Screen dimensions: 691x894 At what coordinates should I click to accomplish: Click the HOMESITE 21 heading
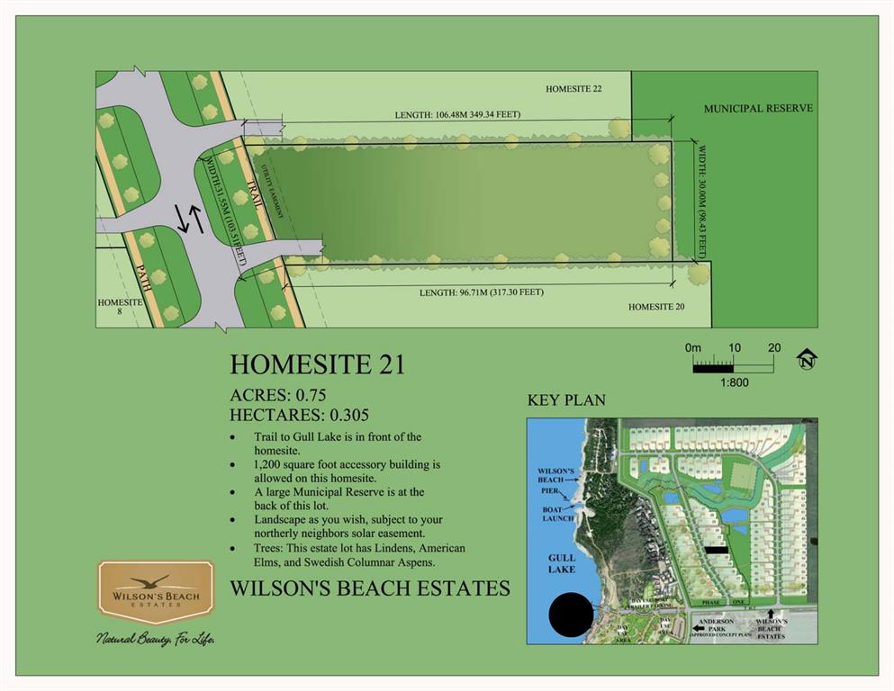(317, 364)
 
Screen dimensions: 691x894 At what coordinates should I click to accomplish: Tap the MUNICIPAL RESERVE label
(758, 108)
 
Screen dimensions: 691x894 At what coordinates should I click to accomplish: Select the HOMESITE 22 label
(573, 89)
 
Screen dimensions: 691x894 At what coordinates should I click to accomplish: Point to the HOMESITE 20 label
(656, 307)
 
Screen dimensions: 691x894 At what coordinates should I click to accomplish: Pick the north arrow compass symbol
(806, 360)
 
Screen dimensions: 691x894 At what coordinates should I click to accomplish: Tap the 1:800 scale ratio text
(733, 382)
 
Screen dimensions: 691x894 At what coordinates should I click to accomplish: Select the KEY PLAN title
(566, 400)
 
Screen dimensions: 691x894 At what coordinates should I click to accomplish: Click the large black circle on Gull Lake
(570, 615)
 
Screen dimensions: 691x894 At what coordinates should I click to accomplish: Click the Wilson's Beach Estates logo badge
(156, 592)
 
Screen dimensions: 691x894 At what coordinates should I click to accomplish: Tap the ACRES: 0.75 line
(277, 395)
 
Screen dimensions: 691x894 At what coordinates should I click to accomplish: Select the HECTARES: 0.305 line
(300, 415)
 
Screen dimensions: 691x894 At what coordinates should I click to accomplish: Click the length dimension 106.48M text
(457, 114)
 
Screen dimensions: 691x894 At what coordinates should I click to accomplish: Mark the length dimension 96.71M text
(481, 292)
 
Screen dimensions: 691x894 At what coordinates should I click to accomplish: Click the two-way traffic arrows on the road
(189, 219)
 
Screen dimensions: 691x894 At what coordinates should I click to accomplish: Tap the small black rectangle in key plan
(715, 549)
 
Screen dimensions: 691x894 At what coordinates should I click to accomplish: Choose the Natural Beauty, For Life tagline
(155, 639)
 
